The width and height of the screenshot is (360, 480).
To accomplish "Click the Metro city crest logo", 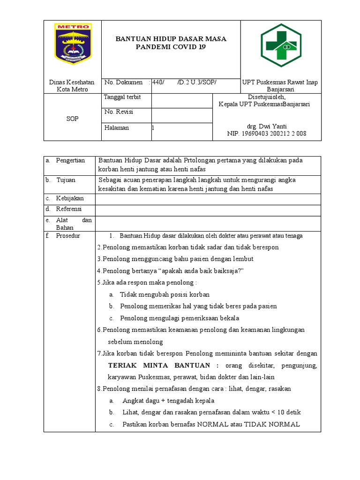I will click(x=73, y=44).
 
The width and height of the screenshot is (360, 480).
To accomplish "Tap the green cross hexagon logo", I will click(x=281, y=45).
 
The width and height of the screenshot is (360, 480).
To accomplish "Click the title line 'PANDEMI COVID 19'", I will click(x=171, y=47).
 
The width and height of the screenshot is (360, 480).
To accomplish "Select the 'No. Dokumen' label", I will click(x=124, y=82).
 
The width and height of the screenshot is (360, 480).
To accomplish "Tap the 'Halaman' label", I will click(x=117, y=127).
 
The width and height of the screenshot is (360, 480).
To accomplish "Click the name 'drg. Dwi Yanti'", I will click(x=267, y=127).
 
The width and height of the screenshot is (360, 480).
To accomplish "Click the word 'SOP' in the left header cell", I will click(x=72, y=119).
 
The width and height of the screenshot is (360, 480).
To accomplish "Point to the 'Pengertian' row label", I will click(x=70, y=160).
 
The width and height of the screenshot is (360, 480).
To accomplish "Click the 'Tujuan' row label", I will click(x=66, y=180).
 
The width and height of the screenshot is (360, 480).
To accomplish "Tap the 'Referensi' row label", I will click(x=69, y=209).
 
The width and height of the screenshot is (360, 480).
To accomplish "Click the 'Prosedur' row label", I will click(x=68, y=236).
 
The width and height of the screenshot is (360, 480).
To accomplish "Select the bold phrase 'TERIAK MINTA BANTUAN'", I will click(x=164, y=365).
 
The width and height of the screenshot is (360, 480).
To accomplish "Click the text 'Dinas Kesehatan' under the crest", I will click(x=72, y=82).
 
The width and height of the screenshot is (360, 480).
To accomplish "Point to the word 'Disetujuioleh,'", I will click(x=266, y=97).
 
